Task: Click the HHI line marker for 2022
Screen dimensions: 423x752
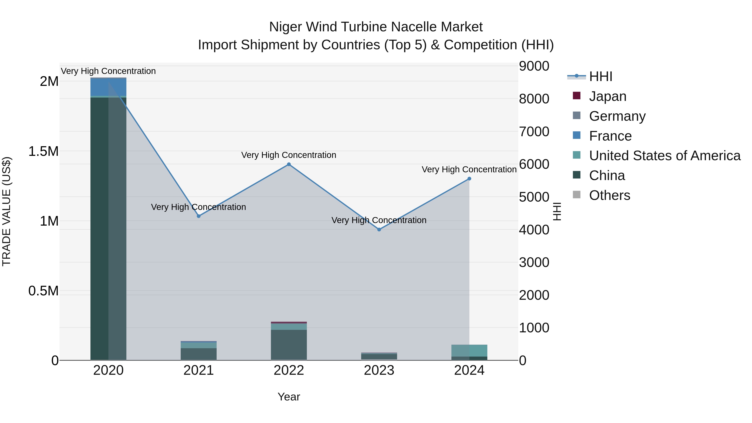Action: [289, 164]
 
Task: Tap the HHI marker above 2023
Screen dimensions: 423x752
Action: [379, 229]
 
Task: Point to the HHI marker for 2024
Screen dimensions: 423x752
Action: [469, 179]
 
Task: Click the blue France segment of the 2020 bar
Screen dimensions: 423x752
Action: [108, 87]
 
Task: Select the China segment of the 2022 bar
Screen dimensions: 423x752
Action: [289, 344]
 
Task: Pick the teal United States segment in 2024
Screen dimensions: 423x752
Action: [469, 350]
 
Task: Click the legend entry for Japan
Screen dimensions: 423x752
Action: [607, 96]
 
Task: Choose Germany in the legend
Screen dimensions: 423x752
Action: [617, 116]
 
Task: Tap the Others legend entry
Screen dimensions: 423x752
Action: [609, 195]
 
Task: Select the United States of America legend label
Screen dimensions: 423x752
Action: [665, 156]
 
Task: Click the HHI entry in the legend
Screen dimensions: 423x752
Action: [601, 76]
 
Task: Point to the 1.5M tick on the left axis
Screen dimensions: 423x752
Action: [43, 151]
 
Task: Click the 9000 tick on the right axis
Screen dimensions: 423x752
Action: [534, 66]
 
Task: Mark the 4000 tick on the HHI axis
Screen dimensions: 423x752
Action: [534, 230]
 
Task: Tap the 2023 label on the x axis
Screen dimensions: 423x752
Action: [379, 370]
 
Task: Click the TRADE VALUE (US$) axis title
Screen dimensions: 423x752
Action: [6, 211]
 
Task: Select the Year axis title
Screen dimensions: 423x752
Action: [289, 397]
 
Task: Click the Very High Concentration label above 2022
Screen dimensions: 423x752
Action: [289, 155]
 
